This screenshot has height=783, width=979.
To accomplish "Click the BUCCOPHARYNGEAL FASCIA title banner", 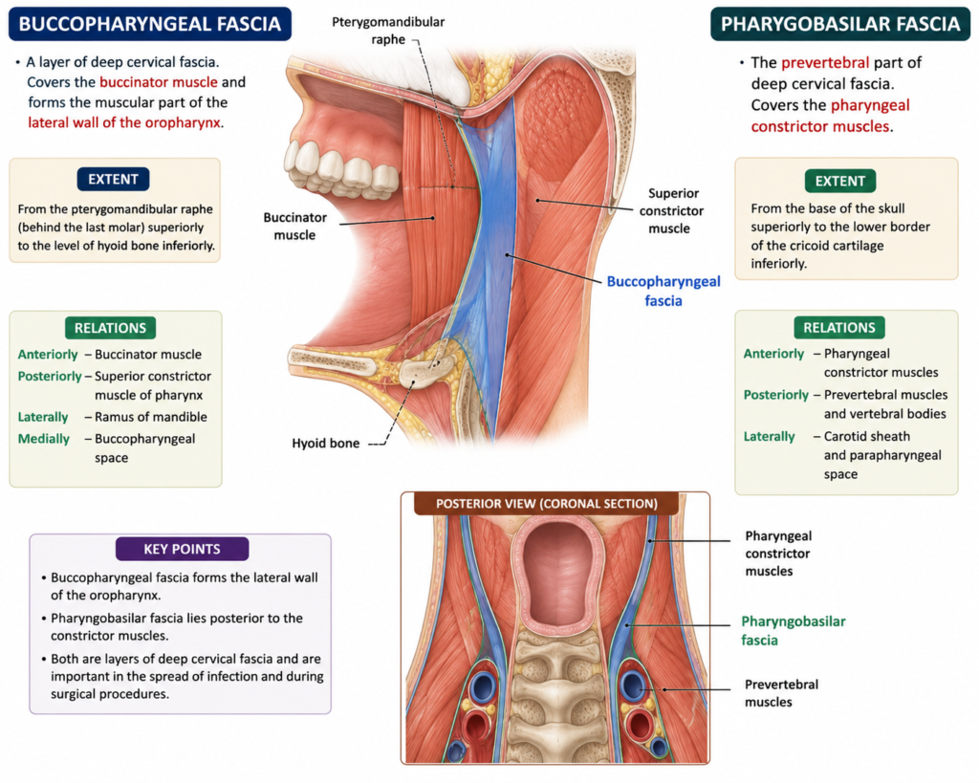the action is tap(150, 24).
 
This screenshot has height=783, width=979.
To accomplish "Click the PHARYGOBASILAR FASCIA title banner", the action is tap(840, 24).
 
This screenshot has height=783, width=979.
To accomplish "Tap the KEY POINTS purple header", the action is tap(183, 549).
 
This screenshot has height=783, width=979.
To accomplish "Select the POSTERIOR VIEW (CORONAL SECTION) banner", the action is tap(546, 503).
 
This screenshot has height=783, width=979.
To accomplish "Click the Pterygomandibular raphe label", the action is tap(388, 31).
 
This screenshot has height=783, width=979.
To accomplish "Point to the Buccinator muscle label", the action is tap(294, 226).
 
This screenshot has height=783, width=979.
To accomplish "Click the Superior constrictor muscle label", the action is tap(671, 210).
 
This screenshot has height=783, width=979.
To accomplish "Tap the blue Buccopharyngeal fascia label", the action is tap(664, 291).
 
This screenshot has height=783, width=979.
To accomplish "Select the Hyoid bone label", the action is tap(326, 444).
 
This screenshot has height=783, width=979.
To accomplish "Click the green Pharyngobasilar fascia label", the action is tap(793, 631).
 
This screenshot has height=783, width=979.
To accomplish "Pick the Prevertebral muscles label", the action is tap(781, 693).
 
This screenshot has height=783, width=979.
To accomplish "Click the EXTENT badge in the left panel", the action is tap(113, 179).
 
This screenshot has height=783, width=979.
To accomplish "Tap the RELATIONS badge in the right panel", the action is tap(839, 328).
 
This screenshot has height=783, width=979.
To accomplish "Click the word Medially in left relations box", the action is tap(44, 439).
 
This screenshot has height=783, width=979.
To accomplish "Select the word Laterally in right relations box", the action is tap(770, 437).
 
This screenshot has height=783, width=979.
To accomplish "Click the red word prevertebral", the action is tap(825, 63).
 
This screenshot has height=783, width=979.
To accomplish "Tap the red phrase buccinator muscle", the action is tap(159, 82).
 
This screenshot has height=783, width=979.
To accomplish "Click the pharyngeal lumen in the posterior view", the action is tap(557, 573).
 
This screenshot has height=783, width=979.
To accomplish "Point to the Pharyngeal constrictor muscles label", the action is tap(778, 554).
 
